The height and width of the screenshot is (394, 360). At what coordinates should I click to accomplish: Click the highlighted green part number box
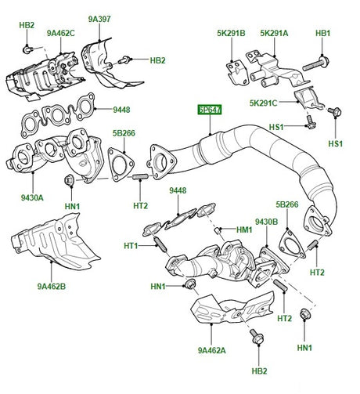209,111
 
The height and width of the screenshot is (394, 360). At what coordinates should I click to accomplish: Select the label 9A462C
59,33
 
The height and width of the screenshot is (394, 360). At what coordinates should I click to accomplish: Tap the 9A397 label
100,18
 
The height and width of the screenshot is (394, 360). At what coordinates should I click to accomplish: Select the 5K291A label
274,33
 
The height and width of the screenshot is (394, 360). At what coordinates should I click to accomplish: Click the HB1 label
322,33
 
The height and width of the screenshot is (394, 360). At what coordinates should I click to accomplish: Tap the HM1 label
244,229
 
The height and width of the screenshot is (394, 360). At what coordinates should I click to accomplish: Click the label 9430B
266,222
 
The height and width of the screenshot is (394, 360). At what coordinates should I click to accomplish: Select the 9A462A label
211,350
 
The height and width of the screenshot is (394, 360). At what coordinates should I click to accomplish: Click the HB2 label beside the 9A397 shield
158,60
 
